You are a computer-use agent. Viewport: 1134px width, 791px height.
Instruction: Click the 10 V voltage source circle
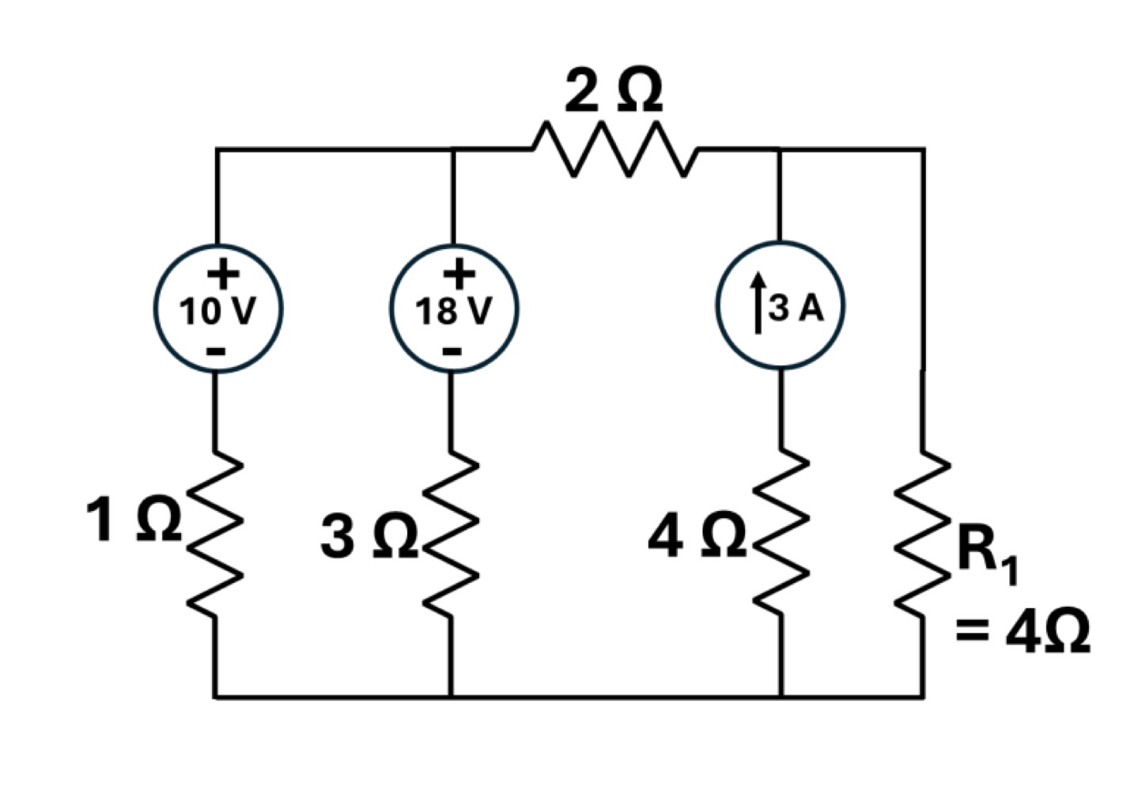[217, 308]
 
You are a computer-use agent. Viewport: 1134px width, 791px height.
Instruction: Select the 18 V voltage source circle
[453, 308]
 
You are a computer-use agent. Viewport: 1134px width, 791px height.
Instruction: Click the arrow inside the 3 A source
[759, 304]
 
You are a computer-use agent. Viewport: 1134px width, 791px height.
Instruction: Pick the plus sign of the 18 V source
[459, 275]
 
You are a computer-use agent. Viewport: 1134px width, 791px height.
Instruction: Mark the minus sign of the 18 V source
[452, 350]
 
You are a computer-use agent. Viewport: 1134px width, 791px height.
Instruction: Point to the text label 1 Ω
[134, 520]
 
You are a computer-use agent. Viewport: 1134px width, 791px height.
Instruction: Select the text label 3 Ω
[369, 536]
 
